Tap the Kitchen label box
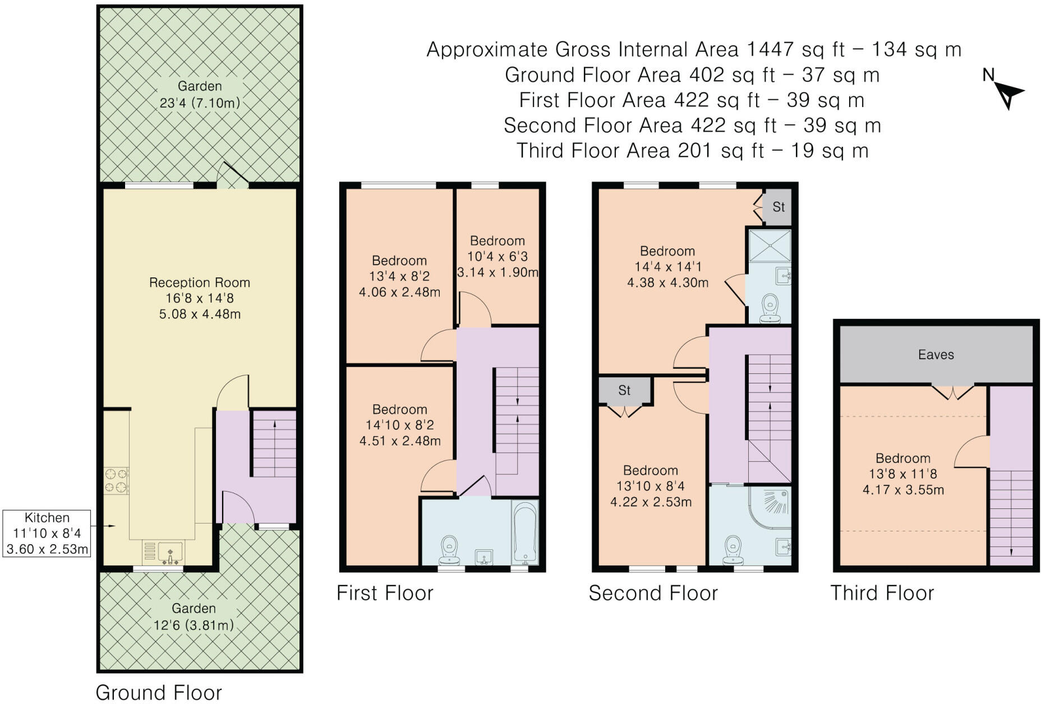coord(47,533)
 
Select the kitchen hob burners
coord(116,481)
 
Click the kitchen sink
coord(170,552)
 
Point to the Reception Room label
coord(200,282)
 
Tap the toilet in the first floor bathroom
coord(449,550)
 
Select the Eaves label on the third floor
coord(936,354)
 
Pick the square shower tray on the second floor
coord(770,246)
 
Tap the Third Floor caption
coord(882,593)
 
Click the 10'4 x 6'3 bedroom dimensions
coord(498,257)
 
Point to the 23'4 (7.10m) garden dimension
coord(200,103)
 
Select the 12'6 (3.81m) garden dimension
coord(194,625)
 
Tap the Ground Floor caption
coord(159,693)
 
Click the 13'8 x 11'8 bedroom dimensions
coord(903,474)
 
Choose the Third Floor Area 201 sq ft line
coord(693,150)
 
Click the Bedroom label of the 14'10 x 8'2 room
coord(400,410)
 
